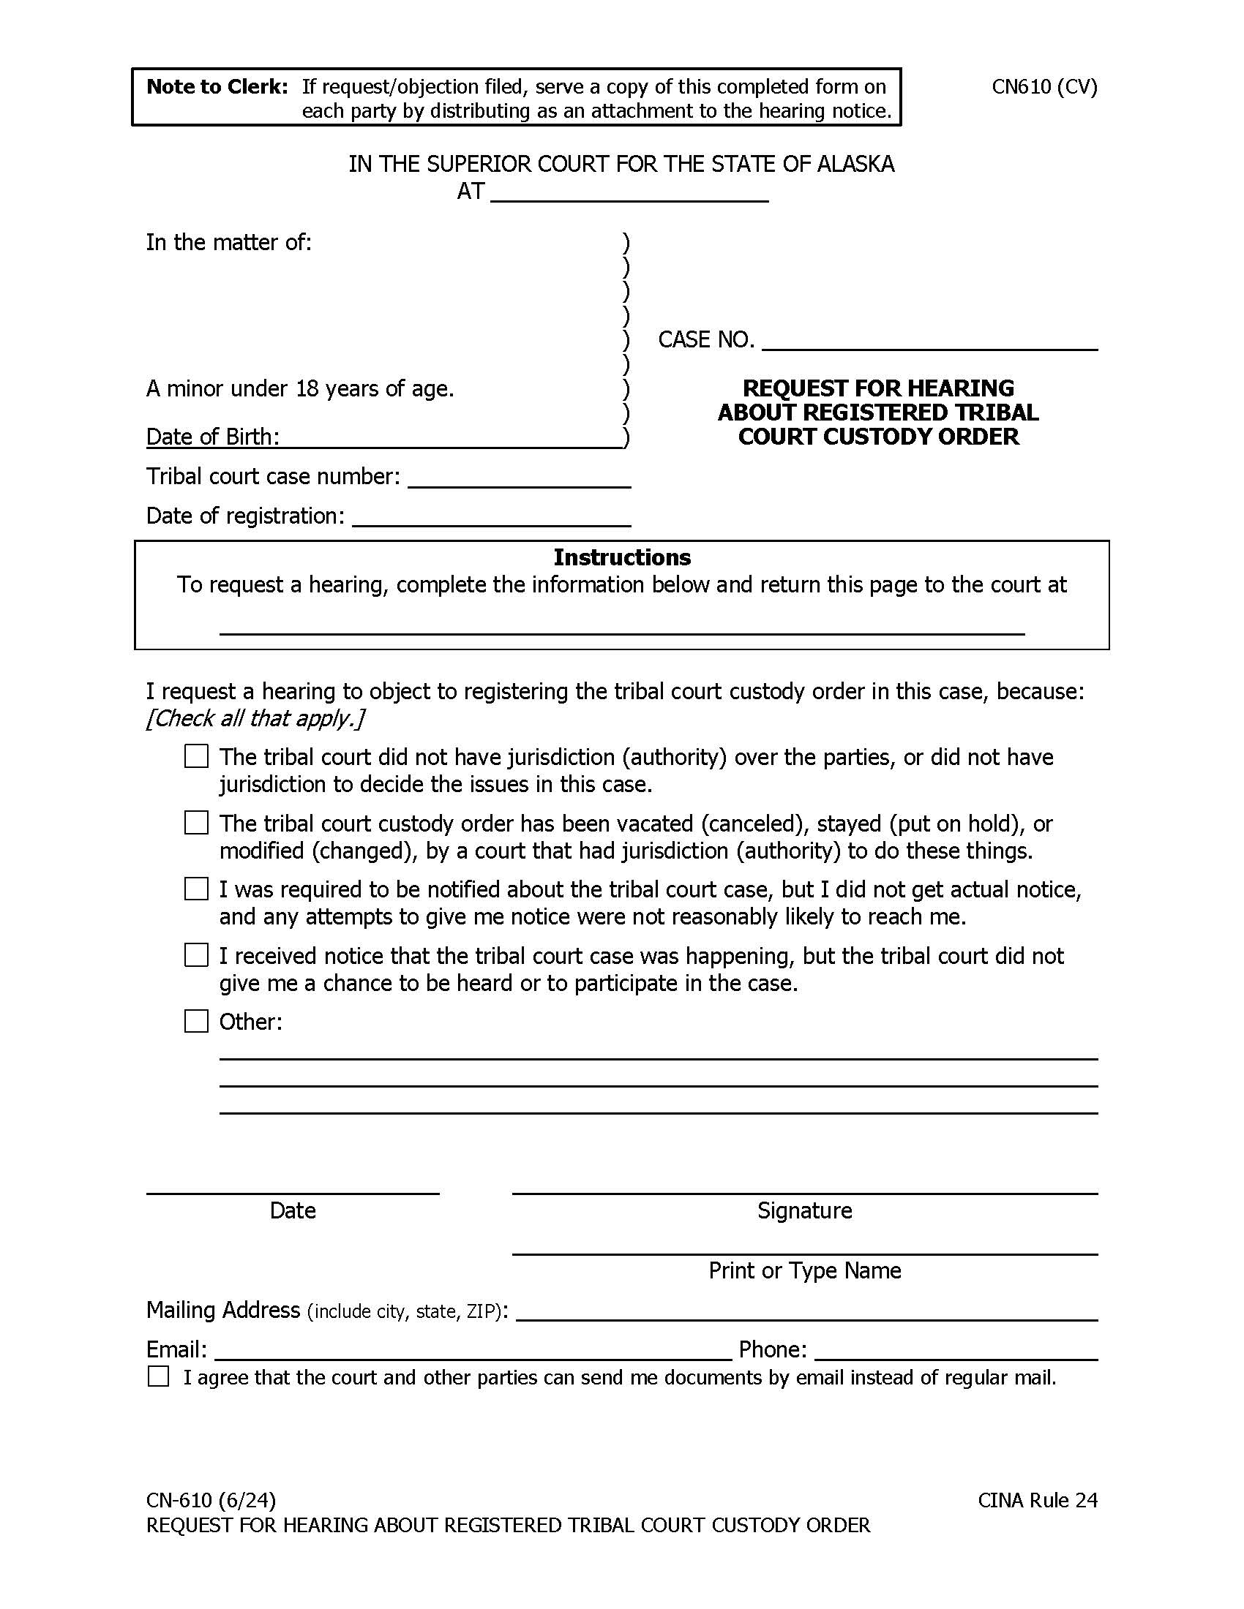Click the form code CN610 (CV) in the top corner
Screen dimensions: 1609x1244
pyautogui.click(x=1043, y=87)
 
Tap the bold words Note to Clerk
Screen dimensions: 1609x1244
pyautogui.click(x=217, y=87)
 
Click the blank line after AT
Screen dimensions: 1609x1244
pyautogui.click(x=629, y=193)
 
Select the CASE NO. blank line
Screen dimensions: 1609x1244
pyautogui.click(x=929, y=340)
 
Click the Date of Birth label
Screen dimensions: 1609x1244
pyautogui.click(x=212, y=437)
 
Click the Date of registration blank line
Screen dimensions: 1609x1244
pyautogui.click(x=491, y=518)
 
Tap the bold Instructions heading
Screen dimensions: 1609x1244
pyautogui.click(x=622, y=557)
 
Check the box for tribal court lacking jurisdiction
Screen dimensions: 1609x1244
pyautogui.click(x=196, y=757)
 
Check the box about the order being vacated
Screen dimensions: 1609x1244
pyautogui.click(x=196, y=823)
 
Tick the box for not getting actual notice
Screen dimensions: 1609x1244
pyautogui.click(x=196, y=889)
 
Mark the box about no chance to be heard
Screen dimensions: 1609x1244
pyautogui.click(x=196, y=956)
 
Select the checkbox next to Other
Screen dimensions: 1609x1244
pyautogui.click(x=196, y=1021)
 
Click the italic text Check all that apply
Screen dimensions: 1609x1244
pyautogui.click(x=255, y=718)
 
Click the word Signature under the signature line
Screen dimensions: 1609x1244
pyautogui.click(x=804, y=1210)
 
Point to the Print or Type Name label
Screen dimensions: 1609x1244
pyautogui.click(x=804, y=1270)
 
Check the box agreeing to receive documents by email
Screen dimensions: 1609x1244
pyautogui.click(x=159, y=1376)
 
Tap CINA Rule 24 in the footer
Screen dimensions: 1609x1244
pyautogui.click(x=1037, y=1500)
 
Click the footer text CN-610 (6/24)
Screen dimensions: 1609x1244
pyautogui.click(x=211, y=1500)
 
